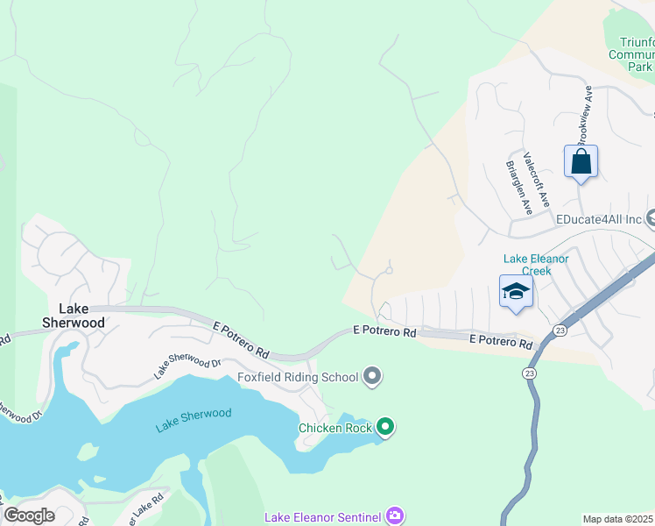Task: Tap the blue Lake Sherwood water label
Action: (x=194, y=420)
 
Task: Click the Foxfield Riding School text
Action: (x=298, y=378)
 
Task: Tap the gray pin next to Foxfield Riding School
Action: (x=372, y=377)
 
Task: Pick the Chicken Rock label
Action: (x=335, y=428)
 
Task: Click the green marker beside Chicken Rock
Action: (x=385, y=428)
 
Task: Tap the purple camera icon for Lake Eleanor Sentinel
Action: (x=395, y=515)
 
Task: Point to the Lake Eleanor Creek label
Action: (x=536, y=265)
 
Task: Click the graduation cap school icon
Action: (x=516, y=292)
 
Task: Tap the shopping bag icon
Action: (x=581, y=162)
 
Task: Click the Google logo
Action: (x=29, y=515)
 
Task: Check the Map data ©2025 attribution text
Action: (x=618, y=519)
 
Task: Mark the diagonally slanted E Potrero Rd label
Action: (x=241, y=339)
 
